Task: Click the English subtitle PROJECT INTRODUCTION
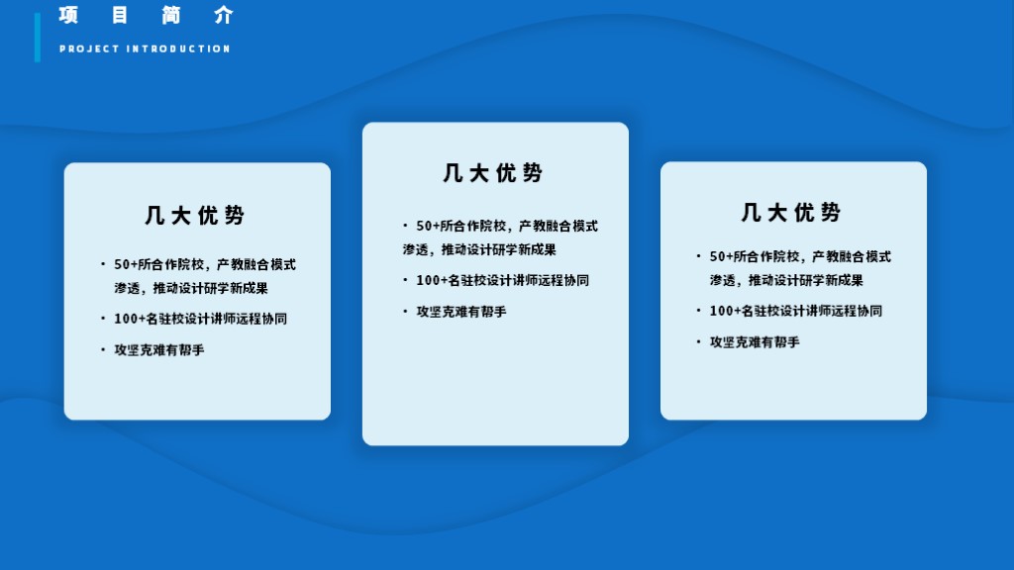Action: point(145,48)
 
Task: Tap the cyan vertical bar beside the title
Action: point(38,38)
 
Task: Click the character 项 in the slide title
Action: point(68,15)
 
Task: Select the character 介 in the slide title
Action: point(224,15)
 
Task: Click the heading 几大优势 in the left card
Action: point(195,215)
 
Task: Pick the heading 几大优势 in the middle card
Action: point(493,172)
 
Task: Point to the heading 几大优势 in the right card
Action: point(791,212)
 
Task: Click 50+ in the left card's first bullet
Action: point(126,264)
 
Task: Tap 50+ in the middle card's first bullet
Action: point(428,227)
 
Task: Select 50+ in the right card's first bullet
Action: point(721,256)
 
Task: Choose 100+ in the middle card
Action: point(432,280)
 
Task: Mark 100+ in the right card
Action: point(725,311)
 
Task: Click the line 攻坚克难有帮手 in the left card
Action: point(159,349)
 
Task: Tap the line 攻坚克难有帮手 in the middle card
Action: point(461,312)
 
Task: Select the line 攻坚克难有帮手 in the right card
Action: point(755,341)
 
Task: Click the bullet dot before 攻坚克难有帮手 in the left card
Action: point(103,349)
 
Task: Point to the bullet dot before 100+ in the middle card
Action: point(405,280)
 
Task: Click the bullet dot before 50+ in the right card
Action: point(698,256)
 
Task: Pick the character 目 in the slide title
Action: point(120,15)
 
